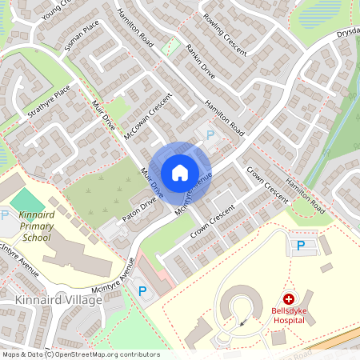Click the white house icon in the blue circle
tap(180, 172)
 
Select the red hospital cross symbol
tap(288, 297)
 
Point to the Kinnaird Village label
tap(58, 300)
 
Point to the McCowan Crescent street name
tap(148, 115)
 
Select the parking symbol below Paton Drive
tap(144, 294)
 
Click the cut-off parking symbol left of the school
tap(4, 214)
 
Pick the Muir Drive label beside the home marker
tap(151, 183)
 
